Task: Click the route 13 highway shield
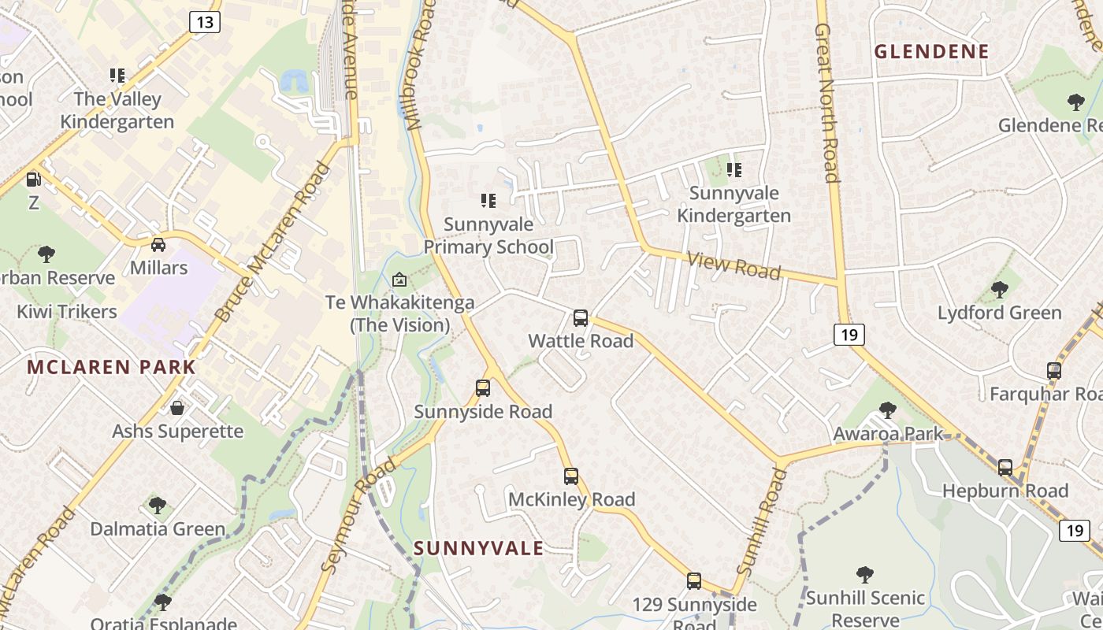pos(204,21)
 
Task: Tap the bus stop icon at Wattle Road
pos(581,318)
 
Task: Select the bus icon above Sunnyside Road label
pos(483,388)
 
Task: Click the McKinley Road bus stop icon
pos(571,476)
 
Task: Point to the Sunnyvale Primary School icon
pos(488,201)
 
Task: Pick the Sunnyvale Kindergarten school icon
pos(734,169)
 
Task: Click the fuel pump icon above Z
pos(33,180)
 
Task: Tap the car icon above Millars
pos(158,244)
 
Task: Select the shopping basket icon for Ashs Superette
pos(177,408)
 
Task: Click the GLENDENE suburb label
pos(931,52)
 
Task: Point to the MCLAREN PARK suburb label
pos(111,367)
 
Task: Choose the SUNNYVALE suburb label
pos(478,548)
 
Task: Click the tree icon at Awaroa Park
pos(888,410)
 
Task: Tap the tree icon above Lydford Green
pos(1000,290)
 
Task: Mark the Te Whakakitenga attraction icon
pos(399,280)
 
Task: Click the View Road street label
pos(733,265)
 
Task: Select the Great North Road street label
pos(826,102)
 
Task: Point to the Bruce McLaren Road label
pos(270,243)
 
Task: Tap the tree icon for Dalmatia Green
pos(158,505)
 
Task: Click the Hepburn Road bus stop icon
pos(1005,468)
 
